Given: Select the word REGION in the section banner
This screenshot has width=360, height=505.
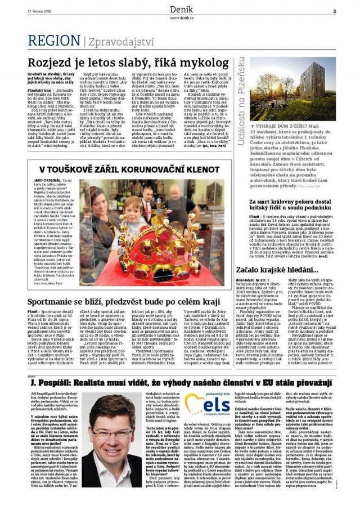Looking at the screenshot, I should pyautogui.click(x=54, y=41).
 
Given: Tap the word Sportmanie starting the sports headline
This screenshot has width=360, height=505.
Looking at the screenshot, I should pyautogui.click(x=53, y=302).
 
